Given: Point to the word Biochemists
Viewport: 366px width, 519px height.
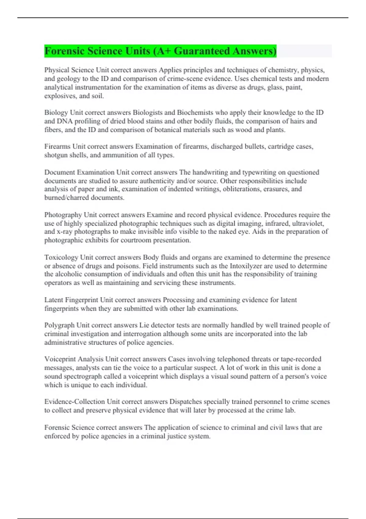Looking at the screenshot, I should (195, 113).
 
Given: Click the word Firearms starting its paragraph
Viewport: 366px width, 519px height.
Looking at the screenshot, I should (57, 147).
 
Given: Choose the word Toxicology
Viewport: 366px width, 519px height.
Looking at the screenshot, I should (61, 257).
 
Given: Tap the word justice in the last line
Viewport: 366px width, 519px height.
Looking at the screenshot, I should (177, 436).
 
